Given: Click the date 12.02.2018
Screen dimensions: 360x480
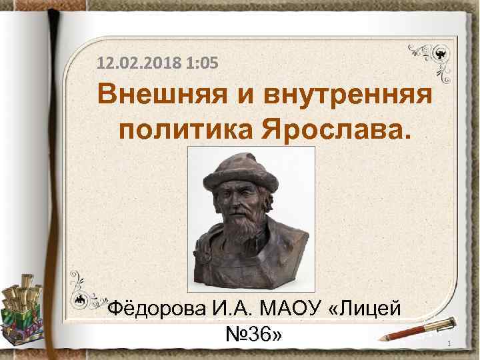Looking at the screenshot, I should point(138,64).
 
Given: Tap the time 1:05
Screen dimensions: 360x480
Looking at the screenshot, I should point(201,64).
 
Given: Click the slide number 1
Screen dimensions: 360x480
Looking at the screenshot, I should point(450,343).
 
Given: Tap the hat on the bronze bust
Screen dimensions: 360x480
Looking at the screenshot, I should point(239,172).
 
